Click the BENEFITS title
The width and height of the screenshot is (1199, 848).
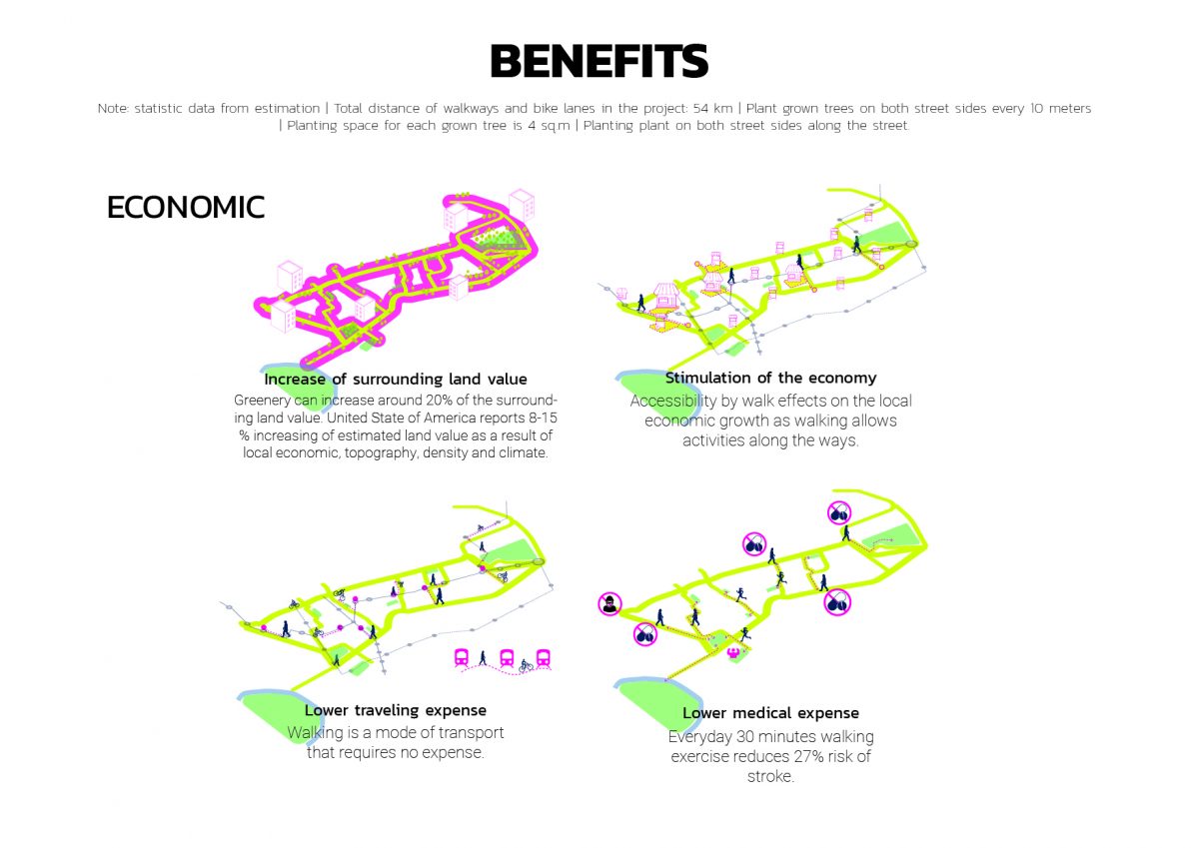(599, 62)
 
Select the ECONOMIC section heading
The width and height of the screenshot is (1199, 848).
(186, 207)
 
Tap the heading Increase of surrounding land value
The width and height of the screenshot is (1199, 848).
(395, 380)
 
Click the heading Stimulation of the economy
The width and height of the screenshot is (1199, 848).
(770, 379)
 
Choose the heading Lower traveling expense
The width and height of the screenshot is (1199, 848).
(395, 711)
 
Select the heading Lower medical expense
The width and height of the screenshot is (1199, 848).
(770, 713)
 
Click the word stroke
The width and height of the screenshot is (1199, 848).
(770, 776)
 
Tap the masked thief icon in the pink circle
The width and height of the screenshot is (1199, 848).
(609, 603)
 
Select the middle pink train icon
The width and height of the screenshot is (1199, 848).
(507, 657)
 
